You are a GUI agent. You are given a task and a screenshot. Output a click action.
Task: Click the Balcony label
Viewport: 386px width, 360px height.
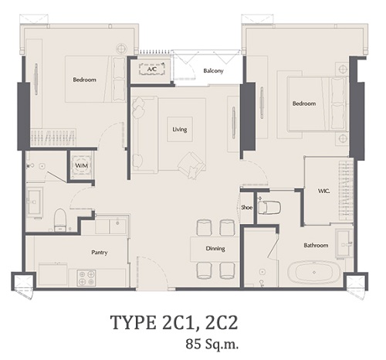213,71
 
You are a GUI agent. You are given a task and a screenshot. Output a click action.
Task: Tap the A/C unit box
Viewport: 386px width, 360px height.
152,69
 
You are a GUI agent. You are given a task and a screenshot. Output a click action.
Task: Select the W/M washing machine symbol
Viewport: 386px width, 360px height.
82,165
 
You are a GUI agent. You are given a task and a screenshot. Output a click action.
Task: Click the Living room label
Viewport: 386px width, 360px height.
180,129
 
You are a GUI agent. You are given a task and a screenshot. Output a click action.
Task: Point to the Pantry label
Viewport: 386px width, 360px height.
100,253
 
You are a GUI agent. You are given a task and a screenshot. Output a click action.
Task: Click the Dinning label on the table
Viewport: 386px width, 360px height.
215,249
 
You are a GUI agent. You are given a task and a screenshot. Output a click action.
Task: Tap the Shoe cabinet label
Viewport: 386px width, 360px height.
247,207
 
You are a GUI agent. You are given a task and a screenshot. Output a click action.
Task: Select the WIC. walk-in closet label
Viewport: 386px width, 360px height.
323,191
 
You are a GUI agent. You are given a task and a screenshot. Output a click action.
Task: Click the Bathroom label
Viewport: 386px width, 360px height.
316,245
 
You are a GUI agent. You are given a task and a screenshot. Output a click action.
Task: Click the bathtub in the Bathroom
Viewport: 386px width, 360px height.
314,272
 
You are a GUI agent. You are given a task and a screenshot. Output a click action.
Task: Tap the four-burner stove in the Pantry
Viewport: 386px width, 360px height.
86,277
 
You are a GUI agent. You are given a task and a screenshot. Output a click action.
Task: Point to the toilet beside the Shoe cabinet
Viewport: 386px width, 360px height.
269,207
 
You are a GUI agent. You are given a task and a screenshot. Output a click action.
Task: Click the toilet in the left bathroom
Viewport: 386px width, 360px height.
60,219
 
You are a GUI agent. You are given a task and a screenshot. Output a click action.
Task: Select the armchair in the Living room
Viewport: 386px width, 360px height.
191,165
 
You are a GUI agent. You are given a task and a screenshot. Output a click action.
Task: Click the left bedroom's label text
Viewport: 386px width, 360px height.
84,80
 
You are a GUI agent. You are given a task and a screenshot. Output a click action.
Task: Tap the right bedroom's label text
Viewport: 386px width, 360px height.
304,104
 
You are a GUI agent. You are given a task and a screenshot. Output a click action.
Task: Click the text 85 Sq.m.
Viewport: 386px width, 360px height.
212,345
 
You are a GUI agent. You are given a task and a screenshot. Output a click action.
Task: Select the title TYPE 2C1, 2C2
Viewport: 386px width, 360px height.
174,322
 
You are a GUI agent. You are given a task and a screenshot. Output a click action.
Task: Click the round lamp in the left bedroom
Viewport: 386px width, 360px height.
120,48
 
